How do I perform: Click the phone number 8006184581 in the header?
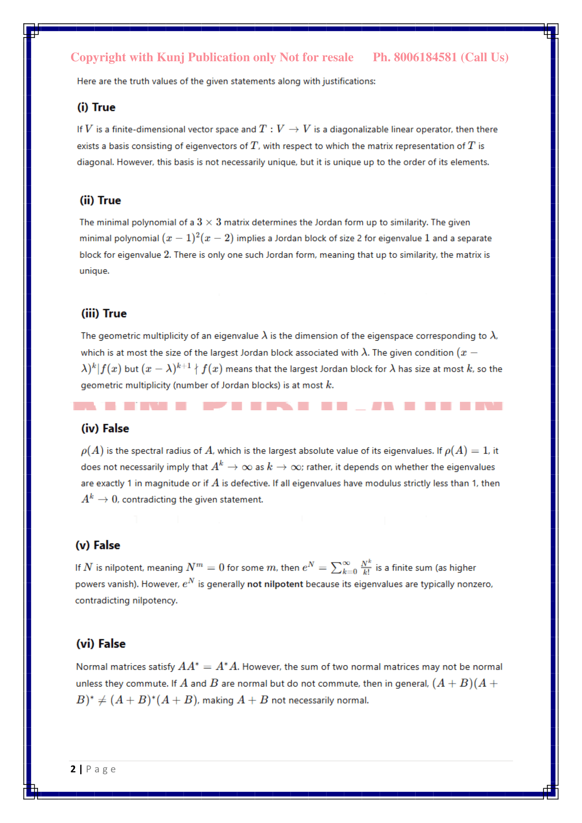(425, 57)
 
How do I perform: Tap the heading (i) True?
(96, 107)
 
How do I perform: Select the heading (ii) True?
(100, 200)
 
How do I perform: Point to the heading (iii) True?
(103, 314)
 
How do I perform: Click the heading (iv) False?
(105, 428)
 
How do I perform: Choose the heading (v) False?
(97, 545)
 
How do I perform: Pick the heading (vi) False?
(101, 644)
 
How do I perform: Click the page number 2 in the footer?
(73, 769)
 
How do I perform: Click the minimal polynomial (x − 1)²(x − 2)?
(197, 238)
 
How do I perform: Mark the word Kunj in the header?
(171, 57)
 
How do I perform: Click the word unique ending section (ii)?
(94, 271)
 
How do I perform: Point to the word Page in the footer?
(101, 769)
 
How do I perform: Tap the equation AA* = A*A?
(208, 667)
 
